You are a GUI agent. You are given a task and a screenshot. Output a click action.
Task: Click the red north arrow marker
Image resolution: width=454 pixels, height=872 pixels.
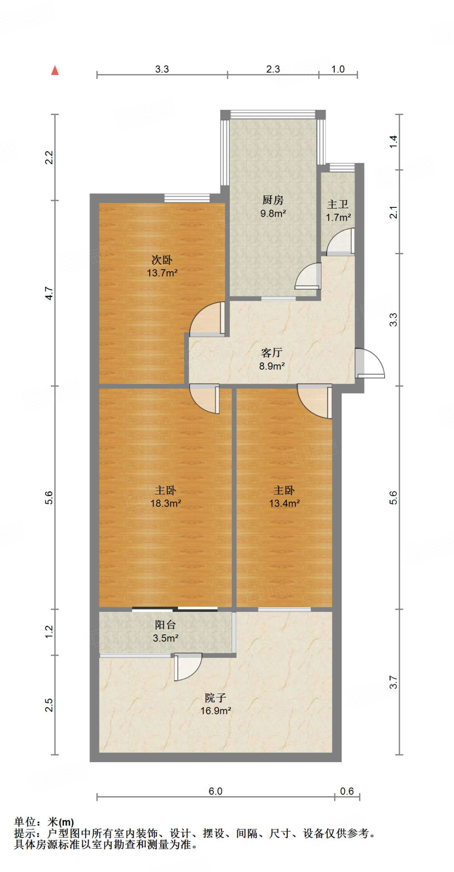pyautogui.click(x=55, y=70)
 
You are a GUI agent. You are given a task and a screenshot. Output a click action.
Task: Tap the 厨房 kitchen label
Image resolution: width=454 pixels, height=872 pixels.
pyautogui.click(x=273, y=206)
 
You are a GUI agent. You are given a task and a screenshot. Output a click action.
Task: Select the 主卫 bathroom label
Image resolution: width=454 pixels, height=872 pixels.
pyautogui.click(x=338, y=211)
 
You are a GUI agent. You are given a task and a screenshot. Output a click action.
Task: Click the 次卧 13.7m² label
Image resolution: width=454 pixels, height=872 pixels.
pyautogui.click(x=162, y=266)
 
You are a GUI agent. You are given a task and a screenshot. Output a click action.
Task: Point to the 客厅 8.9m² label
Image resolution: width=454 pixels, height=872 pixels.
pyautogui.click(x=272, y=359)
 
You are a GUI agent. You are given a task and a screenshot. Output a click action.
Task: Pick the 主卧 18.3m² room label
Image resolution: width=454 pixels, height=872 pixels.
pyautogui.click(x=165, y=496)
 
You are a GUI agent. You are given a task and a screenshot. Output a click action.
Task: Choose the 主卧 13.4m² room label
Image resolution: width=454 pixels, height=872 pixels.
pyautogui.click(x=284, y=496)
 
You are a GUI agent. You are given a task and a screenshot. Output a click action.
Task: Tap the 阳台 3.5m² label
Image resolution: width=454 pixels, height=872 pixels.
pyautogui.click(x=165, y=631)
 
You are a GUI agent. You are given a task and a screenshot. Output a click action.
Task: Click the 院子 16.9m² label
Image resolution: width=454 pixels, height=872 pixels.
pyautogui.click(x=216, y=704)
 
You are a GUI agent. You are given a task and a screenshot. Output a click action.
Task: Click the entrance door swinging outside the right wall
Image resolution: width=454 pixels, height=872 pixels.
pyautogui.click(x=369, y=364)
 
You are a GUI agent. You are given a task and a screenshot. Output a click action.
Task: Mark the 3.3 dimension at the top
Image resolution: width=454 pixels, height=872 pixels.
pyautogui.click(x=162, y=69)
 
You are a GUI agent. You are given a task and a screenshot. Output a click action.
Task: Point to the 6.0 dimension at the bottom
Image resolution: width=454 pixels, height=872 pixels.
pyautogui.click(x=215, y=791)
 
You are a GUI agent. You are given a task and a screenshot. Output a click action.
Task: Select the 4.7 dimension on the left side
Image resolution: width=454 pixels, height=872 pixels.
pyautogui.click(x=49, y=293)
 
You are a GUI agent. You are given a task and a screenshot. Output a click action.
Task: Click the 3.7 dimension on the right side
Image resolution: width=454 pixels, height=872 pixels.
pyautogui.click(x=393, y=682)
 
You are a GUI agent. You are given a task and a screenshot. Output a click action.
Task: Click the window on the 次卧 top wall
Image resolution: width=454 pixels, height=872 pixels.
pyautogui.click(x=187, y=198)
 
